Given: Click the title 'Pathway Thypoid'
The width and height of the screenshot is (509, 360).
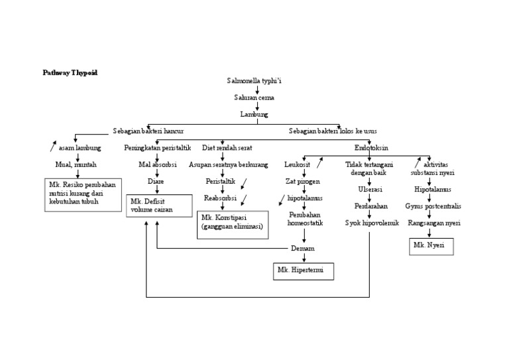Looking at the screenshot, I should [70, 73].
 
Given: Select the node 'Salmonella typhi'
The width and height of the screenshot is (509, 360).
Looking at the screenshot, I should [254, 81].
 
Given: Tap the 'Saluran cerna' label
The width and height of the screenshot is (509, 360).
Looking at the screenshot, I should [254, 97].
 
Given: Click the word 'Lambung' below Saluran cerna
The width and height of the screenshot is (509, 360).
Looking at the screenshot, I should [254, 114].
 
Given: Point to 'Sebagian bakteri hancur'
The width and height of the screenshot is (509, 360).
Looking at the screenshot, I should [148, 131].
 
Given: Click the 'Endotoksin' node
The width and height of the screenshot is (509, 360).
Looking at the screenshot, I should [371, 147].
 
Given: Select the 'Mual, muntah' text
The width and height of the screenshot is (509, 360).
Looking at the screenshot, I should [76, 164].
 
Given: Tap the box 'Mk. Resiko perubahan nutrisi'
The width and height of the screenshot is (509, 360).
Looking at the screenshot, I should [82, 194].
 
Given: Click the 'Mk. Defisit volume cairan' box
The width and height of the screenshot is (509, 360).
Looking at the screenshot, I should [159, 206].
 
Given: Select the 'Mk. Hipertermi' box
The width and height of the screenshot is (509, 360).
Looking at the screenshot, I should [304, 271].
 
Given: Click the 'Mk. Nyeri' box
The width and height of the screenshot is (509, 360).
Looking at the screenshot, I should [431, 246].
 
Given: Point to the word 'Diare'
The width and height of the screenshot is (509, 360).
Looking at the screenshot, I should [156, 181].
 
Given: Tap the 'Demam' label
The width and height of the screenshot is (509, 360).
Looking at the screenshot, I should [303, 248].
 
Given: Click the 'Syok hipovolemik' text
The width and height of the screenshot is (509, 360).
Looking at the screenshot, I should [372, 223].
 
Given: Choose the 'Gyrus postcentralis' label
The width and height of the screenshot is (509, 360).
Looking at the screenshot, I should [433, 206].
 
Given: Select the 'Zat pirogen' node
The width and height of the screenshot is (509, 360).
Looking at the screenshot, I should [303, 181].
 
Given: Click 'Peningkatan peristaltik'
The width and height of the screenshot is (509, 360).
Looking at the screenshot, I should [158, 148].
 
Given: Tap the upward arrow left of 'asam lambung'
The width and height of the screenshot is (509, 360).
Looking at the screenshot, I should [53, 147].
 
